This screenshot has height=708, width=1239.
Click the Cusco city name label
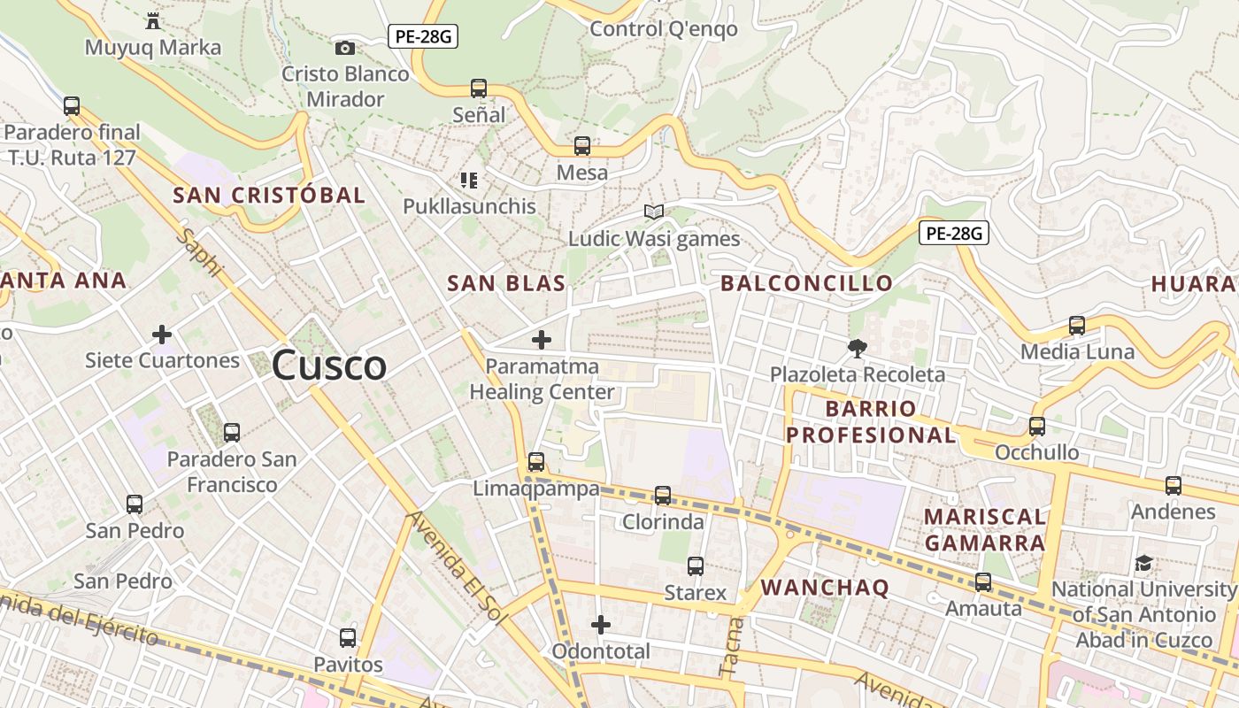pyautogui.click(x=329, y=365)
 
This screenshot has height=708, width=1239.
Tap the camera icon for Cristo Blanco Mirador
pyautogui.click(x=345, y=48)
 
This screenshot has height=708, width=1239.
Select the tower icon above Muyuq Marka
pyautogui.click(x=153, y=20)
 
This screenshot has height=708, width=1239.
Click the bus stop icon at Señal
pyautogui.click(x=479, y=88)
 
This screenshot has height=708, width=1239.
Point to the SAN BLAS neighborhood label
pyautogui.click(x=506, y=283)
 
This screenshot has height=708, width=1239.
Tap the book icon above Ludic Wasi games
pyautogui.click(x=654, y=212)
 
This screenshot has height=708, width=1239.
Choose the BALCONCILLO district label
pyautogui.click(x=806, y=283)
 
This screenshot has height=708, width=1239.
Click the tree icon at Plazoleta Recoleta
pyautogui.click(x=857, y=349)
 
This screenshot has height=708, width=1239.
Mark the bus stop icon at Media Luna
pyautogui.click(x=1077, y=326)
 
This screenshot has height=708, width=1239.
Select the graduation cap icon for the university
pyautogui.click(x=1144, y=564)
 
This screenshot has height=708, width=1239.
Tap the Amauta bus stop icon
pyautogui.click(x=983, y=582)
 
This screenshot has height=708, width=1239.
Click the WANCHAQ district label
pyautogui.click(x=825, y=588)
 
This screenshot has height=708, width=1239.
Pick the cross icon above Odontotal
pyautogui.click(x=601, y=626)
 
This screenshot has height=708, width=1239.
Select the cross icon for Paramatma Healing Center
pyautogui.click(x=542, y=340)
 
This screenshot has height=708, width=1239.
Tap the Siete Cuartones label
pyautogui.click(x=162, y=360)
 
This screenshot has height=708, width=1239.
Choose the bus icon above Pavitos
pyautogui.click(x=348, y=638)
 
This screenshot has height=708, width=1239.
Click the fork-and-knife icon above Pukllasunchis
pyautogui.click(x=469, y=181)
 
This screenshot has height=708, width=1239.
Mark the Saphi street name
pyautogui.click(x=201, y=253)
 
